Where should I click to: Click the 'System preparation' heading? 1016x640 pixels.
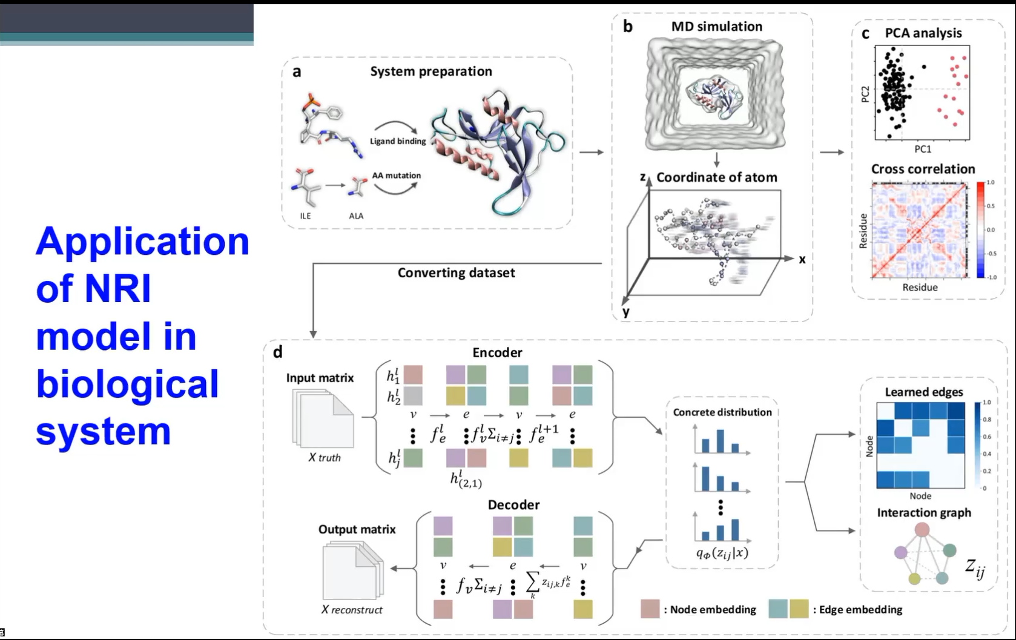coord(431,71)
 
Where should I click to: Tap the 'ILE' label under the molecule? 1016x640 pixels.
coord(305,216)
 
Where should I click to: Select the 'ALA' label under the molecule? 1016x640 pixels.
coord(356,216)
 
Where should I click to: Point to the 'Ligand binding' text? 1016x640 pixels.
coord(398,141)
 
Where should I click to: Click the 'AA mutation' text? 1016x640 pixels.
coord(396,176)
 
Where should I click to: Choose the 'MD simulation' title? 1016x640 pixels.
coord(716,27)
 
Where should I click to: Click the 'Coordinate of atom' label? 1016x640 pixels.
coord(716,177)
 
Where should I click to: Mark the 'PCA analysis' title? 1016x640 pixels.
coord(923,33)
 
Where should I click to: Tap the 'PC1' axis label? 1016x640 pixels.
coord(922,149)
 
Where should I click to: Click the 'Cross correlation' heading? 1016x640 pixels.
coord(923,170)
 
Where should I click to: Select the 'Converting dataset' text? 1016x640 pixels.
coord(456,273)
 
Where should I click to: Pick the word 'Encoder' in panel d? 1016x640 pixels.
coord(497,353)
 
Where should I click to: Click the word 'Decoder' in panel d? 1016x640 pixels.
coord(513,505)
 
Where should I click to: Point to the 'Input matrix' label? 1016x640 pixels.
coord(320,378)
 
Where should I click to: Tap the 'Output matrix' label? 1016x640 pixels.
coord(357,530)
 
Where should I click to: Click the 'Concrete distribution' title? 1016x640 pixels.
coord(722,412)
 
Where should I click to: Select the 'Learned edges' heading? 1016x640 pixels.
coord(923,392)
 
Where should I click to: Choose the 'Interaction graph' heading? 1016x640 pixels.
coord(923,513)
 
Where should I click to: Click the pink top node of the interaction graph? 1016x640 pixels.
coord(922,530)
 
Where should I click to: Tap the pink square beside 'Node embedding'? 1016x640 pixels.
coord(650,609)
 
